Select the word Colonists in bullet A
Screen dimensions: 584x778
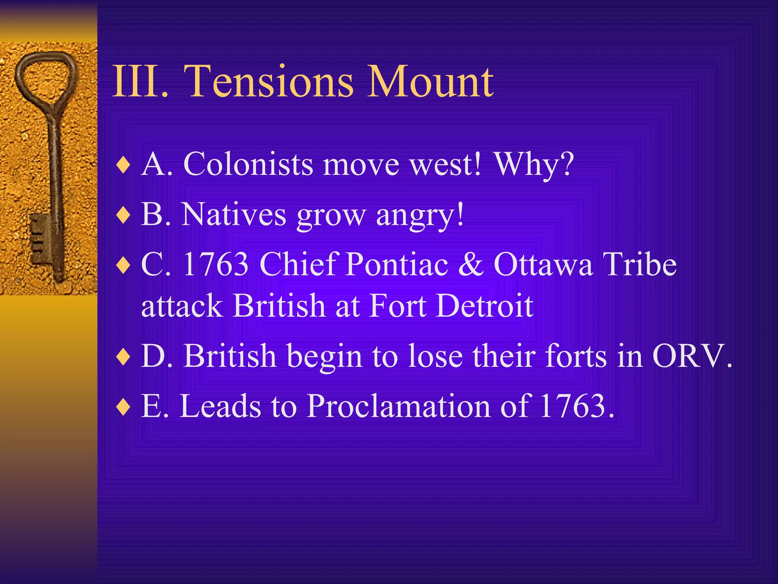[x=248, y=164]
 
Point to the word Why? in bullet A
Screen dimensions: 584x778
[x=534, y=165]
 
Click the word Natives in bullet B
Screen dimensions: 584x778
[x=234, y=214]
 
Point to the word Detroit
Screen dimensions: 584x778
[x=485, y=306]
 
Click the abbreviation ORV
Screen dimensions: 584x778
[x=688, y=356]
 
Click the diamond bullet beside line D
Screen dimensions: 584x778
[x=124, y=357]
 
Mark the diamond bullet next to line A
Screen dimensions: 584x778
[x=124, y=166]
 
